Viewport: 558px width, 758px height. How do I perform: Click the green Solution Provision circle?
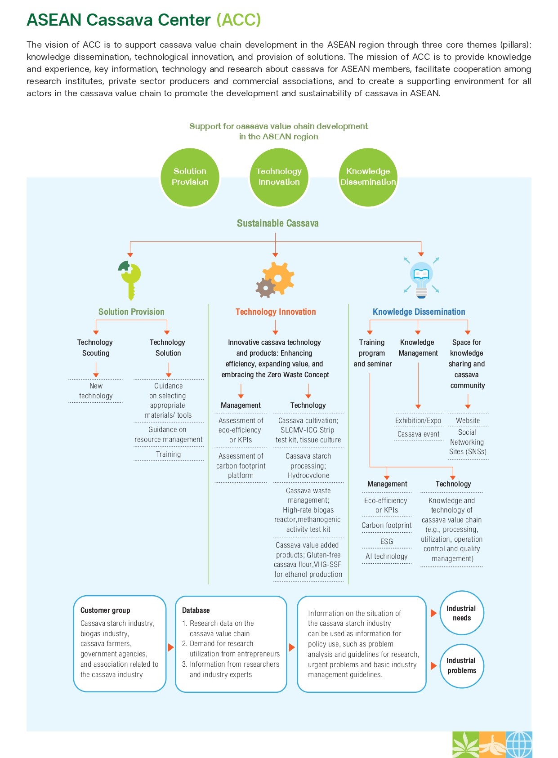[x=190, y=177]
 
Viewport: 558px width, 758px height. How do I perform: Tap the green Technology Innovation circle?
[x=279, y=177]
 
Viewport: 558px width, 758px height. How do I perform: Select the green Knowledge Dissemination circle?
[x=368, y=177]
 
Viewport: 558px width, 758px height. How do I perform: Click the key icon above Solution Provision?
[x=130, y=280]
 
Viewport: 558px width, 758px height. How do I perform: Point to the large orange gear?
[x=278, y=278]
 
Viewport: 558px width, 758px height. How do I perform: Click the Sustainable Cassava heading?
[x=277, y=223]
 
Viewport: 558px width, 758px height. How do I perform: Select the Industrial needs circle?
[x=462, y=613]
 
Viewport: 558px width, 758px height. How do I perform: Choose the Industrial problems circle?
[x=462, y=666]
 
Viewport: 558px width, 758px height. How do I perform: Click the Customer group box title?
[x=105, y=610]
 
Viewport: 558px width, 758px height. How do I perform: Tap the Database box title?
[x=196, y=610]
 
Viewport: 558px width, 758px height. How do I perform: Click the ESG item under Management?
[x=386, y=541]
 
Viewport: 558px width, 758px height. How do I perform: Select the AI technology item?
[x=386, y=556]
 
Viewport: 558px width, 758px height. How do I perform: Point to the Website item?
[x=468, y=420]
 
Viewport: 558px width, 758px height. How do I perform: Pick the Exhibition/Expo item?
[x=418, y=420]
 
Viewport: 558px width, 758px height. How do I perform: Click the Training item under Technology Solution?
[x=168, y=454]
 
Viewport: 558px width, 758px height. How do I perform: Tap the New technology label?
[x=96, y=391]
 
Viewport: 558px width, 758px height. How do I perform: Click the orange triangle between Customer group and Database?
[x=170, y=647]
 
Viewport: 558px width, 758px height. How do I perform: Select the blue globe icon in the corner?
[x=519, y=745]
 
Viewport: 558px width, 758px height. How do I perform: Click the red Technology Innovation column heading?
[x=276, y=312]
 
